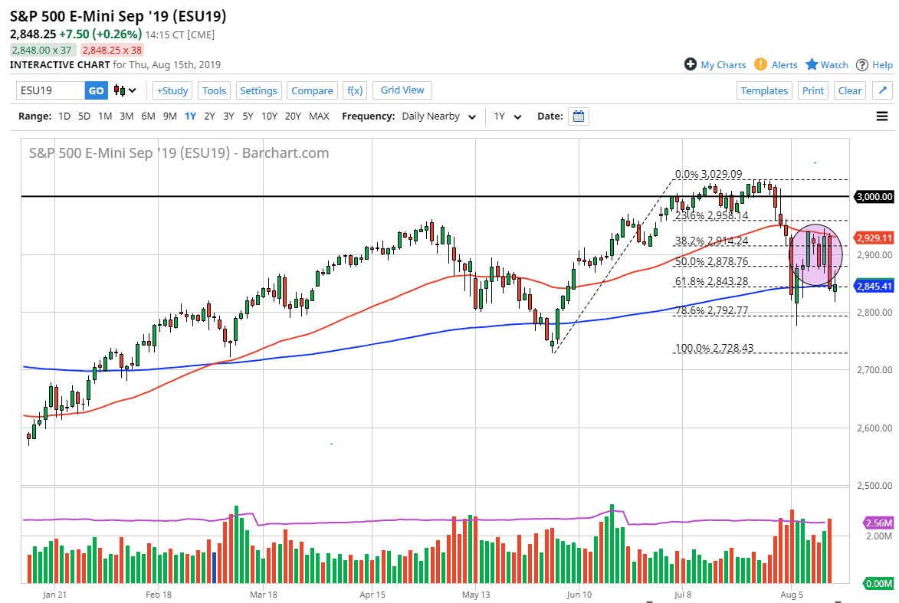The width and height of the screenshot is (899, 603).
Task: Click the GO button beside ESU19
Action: click(96, 90)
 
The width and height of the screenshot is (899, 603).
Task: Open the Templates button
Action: click(764, 90)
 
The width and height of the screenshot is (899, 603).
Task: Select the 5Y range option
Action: click(248, 116)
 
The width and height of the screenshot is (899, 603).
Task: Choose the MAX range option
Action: click(319, 116)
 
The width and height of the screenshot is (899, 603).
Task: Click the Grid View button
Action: click(402, 90)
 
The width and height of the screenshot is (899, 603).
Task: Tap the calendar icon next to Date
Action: click(579, 116)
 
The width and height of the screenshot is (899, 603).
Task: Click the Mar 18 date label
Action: click(263, 594)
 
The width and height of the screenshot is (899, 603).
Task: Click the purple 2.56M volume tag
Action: click(877, 523)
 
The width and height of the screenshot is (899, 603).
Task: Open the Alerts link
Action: click(776, 65)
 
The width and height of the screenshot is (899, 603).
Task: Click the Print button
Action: click(812, 90)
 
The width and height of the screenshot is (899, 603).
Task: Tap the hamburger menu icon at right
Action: click(881, 116)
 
